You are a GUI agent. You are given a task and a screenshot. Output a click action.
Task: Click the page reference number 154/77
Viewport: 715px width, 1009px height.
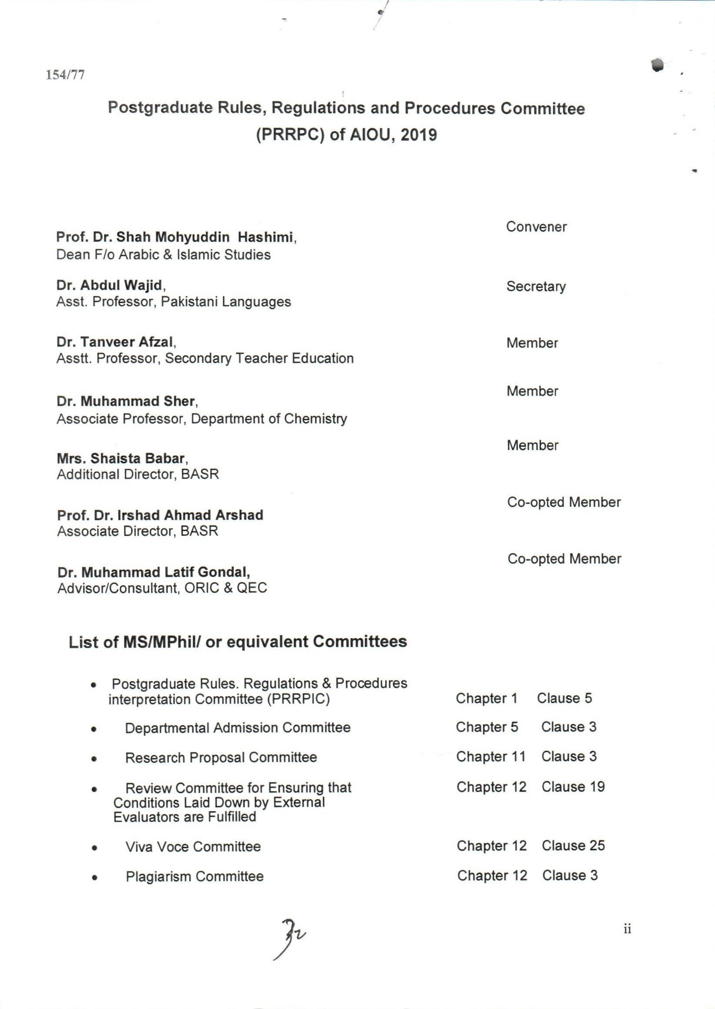pos(66,75)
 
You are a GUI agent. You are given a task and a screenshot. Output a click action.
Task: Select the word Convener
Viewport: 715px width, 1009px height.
pos(536,227)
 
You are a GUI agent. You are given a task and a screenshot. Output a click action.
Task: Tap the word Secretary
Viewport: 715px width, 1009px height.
pos(536,286)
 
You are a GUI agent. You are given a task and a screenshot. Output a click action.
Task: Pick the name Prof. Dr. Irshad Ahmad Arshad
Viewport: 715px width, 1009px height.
pos(160,515)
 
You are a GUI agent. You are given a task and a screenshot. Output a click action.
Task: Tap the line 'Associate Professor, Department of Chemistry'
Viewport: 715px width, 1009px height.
pos(202,418)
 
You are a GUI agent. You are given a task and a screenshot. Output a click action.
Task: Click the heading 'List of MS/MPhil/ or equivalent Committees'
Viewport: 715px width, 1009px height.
pos(238,641)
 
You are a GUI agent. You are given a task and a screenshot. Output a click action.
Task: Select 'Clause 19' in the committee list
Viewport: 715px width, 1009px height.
pos(573,787)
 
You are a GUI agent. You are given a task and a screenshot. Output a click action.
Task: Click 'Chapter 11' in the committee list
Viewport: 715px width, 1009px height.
pos(491,756)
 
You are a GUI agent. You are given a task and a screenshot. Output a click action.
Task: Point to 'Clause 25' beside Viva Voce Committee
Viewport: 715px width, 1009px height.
pos(573,845)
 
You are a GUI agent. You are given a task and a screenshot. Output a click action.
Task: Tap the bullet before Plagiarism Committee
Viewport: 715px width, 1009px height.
pos(94,877)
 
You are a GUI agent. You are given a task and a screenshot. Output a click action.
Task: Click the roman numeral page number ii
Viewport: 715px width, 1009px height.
pos(627,929)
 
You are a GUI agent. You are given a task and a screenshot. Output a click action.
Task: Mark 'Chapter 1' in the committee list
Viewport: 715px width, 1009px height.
pos(486,698)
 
